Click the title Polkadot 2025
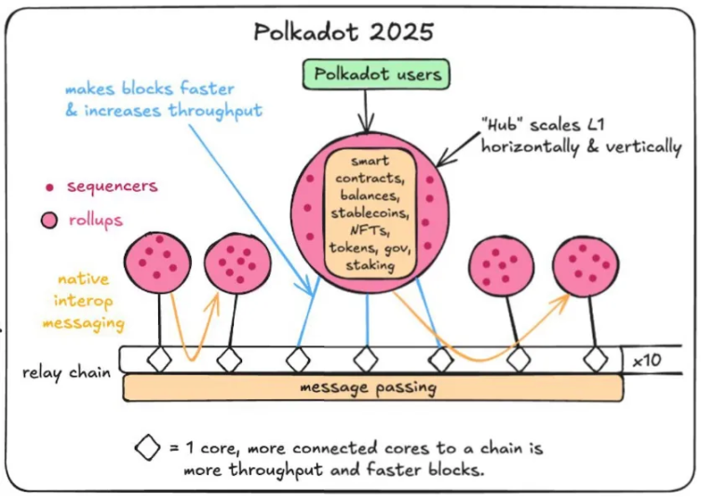pos(344,32)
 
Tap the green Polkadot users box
pos(376,74)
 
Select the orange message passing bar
pos(372,387)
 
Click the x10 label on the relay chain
pos(647,360)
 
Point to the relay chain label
pos(67,372)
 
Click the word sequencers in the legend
pos(113,186)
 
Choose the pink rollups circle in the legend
pos(49,220)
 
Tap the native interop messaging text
pos(84,302)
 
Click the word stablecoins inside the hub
pos(370,213)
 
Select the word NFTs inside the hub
pos(370,230)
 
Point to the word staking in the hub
pos(371,265)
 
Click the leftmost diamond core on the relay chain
pos(159,359)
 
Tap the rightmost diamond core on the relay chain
pos(596,359)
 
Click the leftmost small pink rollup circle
pos(157,263)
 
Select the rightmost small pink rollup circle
pos(586,267)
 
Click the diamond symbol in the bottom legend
pos(147,447)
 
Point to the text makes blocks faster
pos(150,88)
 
